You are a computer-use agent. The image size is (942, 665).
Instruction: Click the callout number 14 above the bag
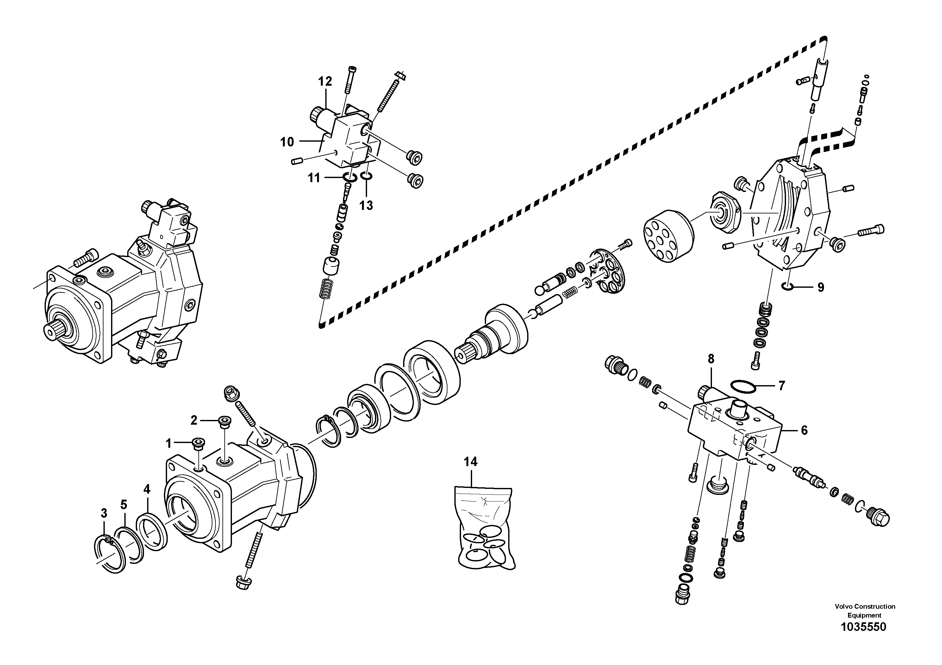[471, 462]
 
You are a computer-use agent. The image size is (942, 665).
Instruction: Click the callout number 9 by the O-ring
[820, 287]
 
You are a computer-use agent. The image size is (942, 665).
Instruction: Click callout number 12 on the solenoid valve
[325, 82]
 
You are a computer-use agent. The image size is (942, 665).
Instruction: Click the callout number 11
[314, 178]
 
